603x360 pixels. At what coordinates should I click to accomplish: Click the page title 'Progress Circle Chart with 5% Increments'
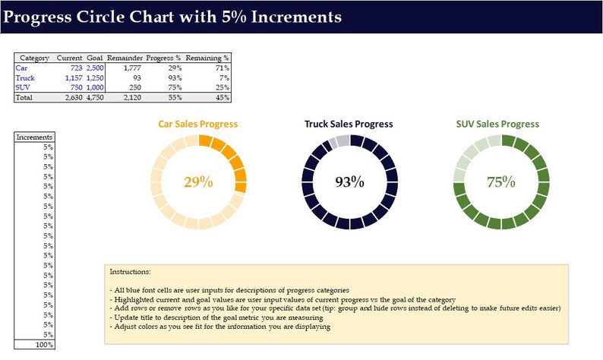tap(172, 16)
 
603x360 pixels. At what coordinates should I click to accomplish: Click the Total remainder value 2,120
tap(130, 97)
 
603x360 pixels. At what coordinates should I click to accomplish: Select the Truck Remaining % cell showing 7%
tap(224, 77)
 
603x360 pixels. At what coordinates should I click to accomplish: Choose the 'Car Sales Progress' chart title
tap(197, 124)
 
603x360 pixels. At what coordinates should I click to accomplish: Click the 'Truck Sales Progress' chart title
tap(349, 124)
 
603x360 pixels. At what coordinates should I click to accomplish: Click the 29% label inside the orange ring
tap(198, 182)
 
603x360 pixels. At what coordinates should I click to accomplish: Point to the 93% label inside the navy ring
tap(349, 182)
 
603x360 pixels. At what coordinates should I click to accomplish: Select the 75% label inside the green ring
tap(500, 182)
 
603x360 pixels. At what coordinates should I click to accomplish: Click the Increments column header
tap(35, 137)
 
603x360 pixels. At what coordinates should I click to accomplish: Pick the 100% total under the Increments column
tap(43, 344)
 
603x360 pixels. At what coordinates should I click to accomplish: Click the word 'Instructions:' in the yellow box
tap(130, 271)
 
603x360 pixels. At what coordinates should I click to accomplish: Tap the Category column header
tap(34, 58)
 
